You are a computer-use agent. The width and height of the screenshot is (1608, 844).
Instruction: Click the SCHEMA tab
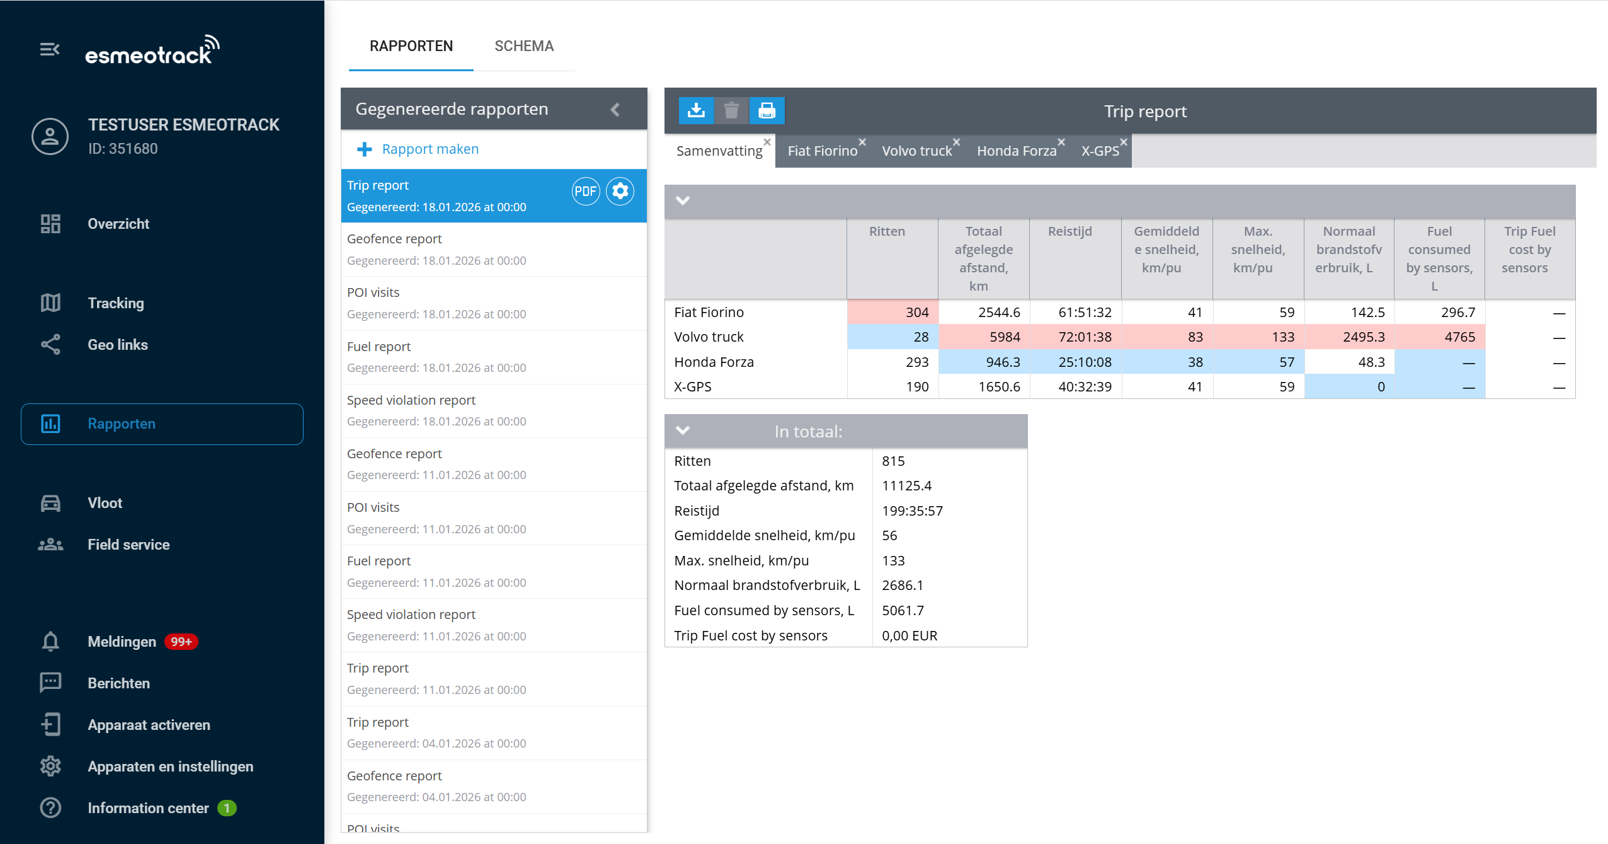click(523, 46)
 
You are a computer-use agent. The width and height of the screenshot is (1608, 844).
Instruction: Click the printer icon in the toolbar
click(767, 111)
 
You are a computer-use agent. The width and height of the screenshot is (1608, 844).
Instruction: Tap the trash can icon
click(731, 111)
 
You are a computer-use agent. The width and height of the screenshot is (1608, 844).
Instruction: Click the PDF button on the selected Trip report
click(585, 191)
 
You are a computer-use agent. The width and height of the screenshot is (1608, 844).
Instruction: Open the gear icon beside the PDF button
click(620, 191)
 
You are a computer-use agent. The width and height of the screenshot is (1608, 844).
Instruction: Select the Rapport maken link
click(430, 149)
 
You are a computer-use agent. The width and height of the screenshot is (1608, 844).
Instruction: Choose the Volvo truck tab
click(916, 151)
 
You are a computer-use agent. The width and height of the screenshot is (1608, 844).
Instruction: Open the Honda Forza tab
click(1016, 151)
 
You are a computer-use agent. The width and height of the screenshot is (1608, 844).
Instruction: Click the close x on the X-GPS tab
click(1124, 142)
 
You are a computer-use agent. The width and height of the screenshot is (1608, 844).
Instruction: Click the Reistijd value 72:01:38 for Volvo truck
click(1085, 337)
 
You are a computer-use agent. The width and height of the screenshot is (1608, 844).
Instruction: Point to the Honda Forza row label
click(714, 362)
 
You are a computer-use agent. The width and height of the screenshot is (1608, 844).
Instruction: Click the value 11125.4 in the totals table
click(906, 486)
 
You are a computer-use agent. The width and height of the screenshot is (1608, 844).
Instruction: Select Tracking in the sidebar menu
click(116, 303)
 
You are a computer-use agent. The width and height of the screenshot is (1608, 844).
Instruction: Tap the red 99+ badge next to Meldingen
click(181, 642)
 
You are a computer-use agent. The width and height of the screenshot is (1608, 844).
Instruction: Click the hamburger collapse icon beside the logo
click(50, 49)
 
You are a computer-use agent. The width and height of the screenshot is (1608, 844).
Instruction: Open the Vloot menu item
click(105, 503)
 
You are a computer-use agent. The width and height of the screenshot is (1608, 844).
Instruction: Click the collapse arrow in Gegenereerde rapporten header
click(615, 110)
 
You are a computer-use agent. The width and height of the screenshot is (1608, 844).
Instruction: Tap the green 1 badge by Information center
click(227, 808)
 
